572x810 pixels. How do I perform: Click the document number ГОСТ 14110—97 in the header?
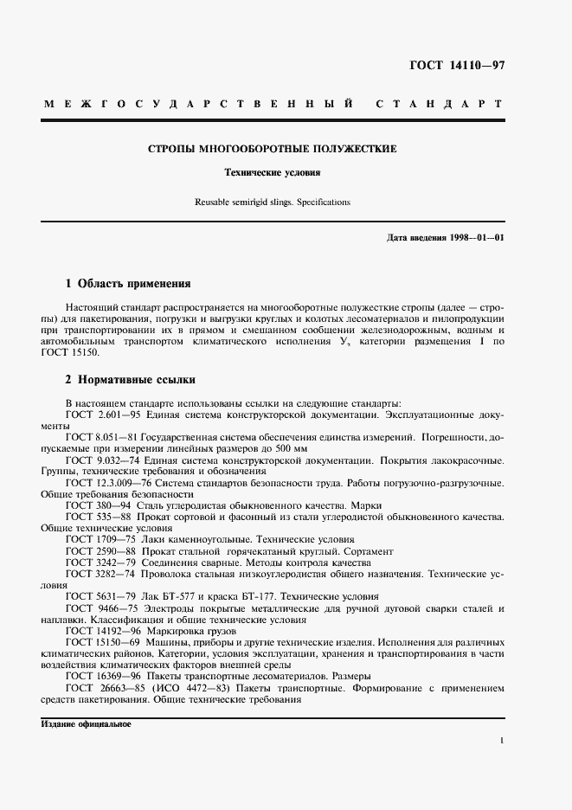(456, 66)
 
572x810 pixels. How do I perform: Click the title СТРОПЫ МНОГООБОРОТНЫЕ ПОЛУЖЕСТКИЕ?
(273, 149)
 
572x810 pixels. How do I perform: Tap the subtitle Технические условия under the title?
(273, 172)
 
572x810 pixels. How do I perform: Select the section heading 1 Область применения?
(128, 283)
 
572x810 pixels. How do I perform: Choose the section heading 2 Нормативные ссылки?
(131, 379)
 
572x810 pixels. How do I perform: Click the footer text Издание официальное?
(86, 724)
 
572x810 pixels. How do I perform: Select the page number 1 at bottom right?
(502, 741)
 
